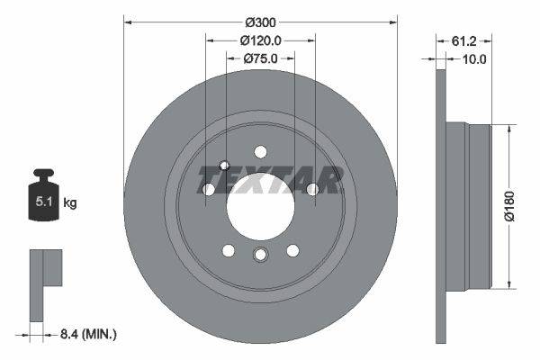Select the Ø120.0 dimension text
[x=261, y=40]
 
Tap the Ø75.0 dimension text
[x=260, y=58]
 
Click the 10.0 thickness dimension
[x=473, y=59]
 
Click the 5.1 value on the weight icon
[x=42, y=202]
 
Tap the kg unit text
[x=70, y=203]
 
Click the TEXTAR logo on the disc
[x=269, y=181]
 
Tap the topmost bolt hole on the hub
[x=260, y=151]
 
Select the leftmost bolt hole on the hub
[x=209, y=190]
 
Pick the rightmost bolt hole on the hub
[x=312, y=189]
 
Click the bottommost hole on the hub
[x=260, y=256]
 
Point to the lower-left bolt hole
[x=229, y=250]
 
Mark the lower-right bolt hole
[x=292, y=250]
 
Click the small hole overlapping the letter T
[x=225, y=166]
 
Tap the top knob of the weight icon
[x=42, y=174]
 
